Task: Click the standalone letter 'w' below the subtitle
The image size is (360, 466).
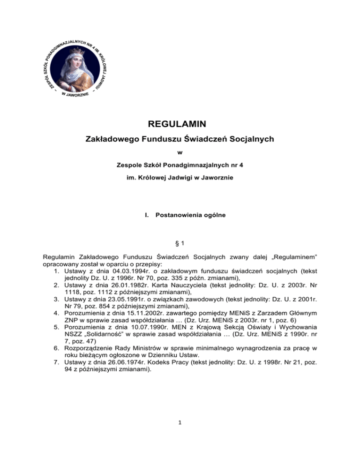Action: [180, 152]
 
